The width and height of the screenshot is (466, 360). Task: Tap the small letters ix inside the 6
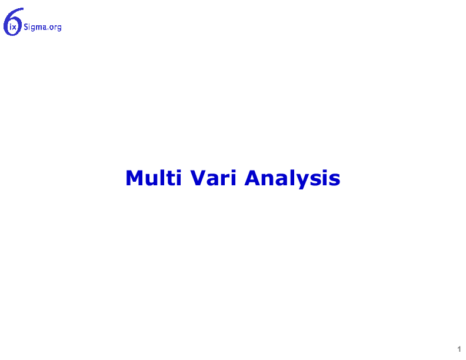13,28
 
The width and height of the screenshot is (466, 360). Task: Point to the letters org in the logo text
55,28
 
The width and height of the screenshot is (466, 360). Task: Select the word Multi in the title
154,178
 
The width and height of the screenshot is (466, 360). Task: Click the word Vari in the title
213,178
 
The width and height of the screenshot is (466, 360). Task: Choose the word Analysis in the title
292,179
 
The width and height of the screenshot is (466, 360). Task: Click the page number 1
459,349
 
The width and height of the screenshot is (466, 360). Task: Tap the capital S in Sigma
26,27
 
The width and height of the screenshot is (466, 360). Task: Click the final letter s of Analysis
335,180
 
